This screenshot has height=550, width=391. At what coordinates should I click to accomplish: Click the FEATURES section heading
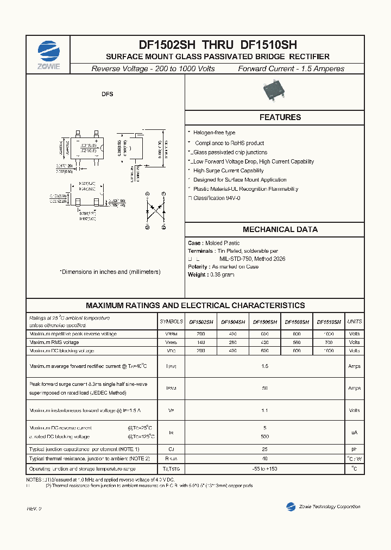(x=280, y=117)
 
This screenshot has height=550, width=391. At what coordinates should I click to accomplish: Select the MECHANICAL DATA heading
(x=280, y=229)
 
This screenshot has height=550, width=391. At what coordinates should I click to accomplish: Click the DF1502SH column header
(x=201, y=322)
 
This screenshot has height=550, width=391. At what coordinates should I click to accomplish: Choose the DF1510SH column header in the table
(x=329, y=322)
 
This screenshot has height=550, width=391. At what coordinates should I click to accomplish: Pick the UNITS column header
(x=354, y=322)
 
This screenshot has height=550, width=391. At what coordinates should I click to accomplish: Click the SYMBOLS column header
(x=171, y=322)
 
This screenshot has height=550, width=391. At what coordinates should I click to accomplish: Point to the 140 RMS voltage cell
(x=201, y=342)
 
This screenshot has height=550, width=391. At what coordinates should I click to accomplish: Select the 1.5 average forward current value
(x=264, y=366)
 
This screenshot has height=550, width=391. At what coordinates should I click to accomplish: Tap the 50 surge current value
(x=264, y=388)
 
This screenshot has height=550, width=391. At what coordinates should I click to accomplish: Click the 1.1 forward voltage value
(x=264, y=411)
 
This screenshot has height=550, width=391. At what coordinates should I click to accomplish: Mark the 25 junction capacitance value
(x=264, y=449)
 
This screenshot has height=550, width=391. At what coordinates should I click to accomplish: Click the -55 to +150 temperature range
(x=264, y=468)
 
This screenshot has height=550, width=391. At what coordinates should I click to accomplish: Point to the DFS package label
(x=107, y=95)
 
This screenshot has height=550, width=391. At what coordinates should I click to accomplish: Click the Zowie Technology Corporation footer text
(x=329, y=507)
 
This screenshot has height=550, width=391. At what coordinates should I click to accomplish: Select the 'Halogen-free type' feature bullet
(x=214, y=133)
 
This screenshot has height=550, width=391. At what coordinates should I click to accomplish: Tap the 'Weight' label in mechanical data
(x=197, y=275)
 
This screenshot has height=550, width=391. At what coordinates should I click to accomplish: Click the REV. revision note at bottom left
(x=34, y=509)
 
